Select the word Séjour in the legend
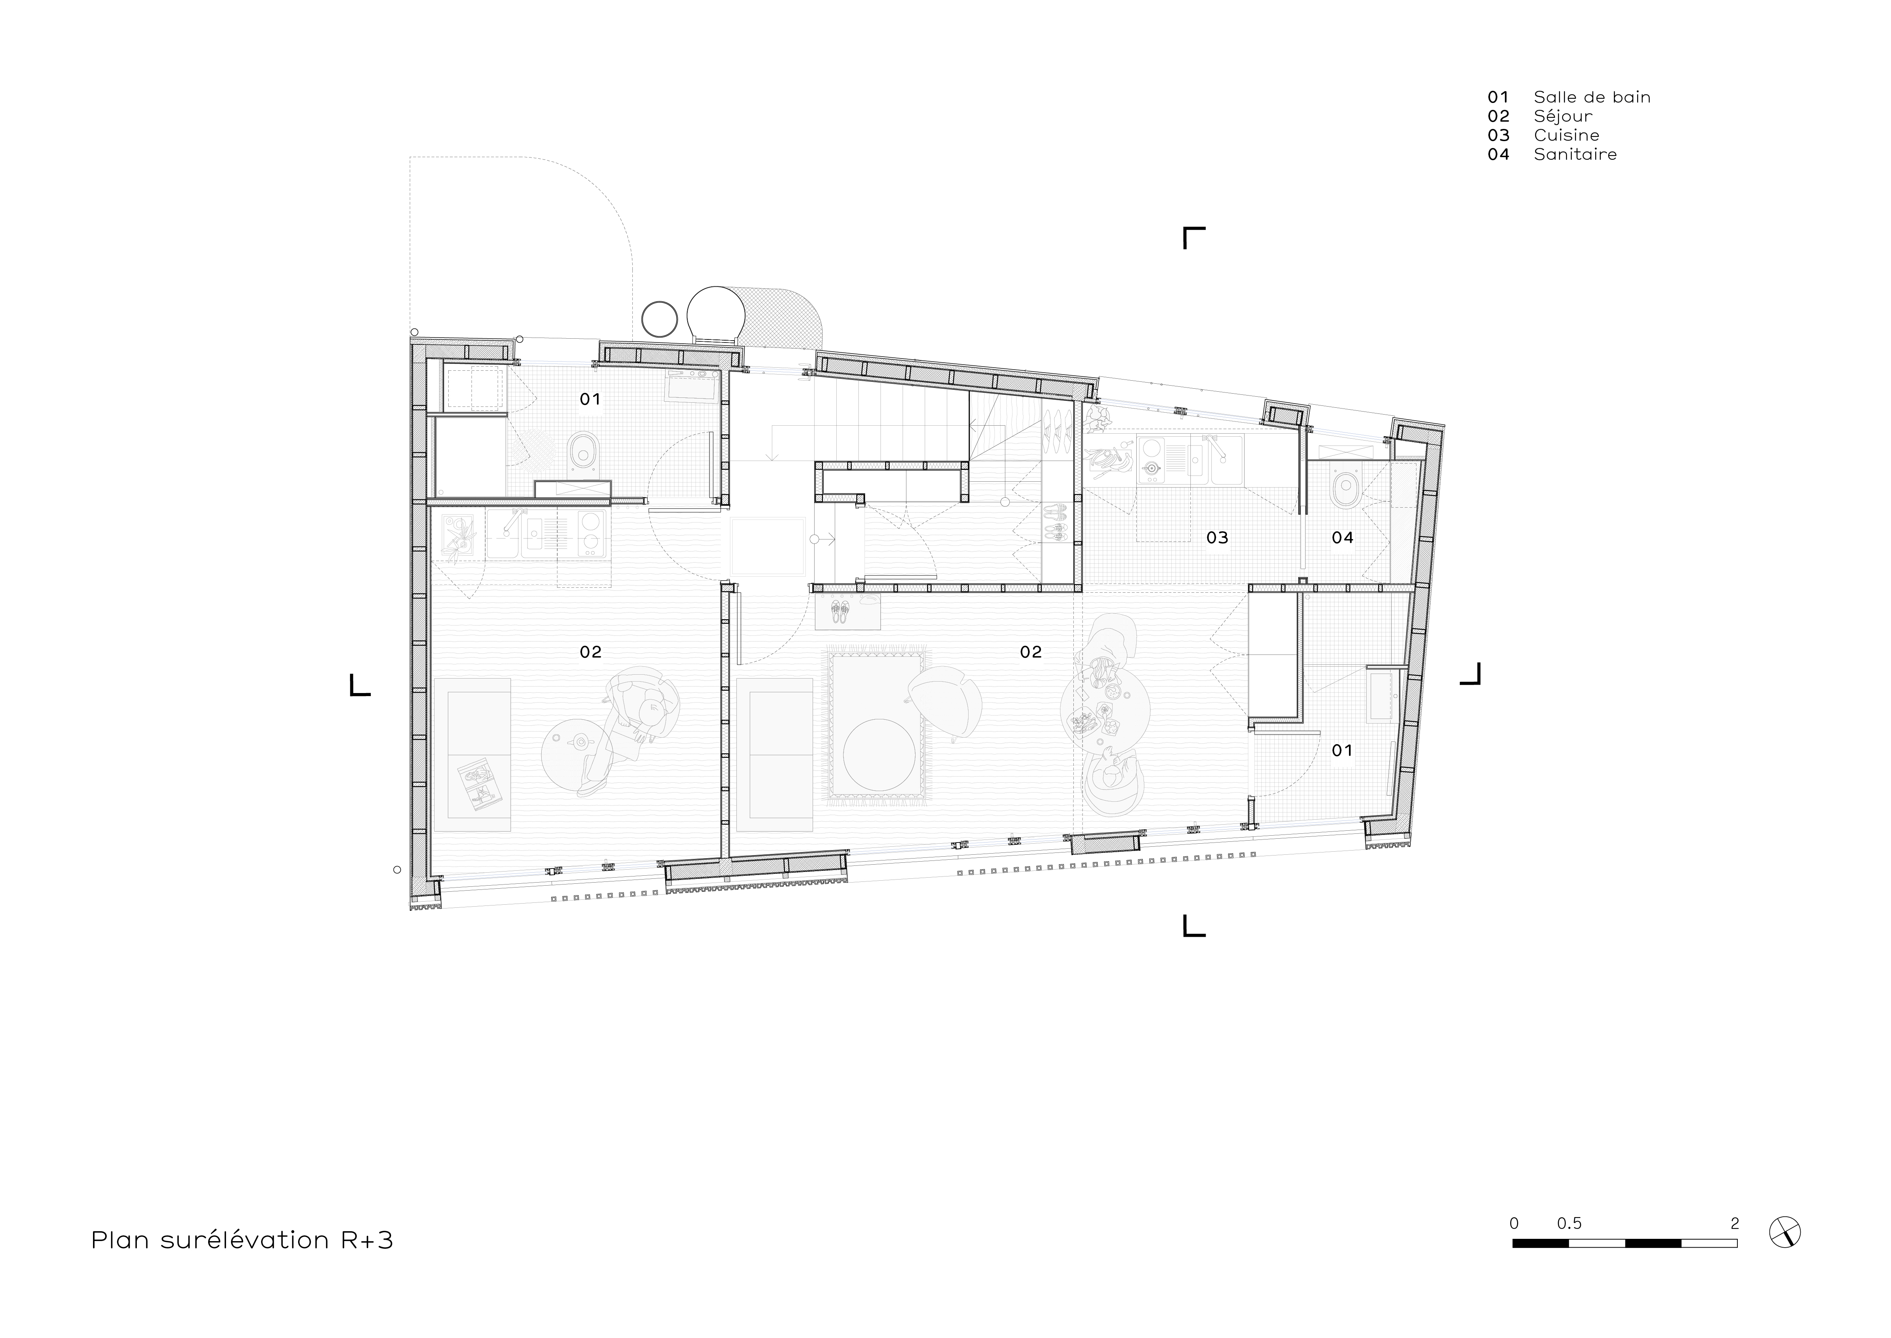tap(1562, 116)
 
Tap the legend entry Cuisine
tap(1566, 135)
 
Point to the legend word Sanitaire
tap(1575, 154)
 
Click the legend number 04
tap(1498, 154)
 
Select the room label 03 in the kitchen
tap(1217, 538)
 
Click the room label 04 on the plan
tap(1342, 538)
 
